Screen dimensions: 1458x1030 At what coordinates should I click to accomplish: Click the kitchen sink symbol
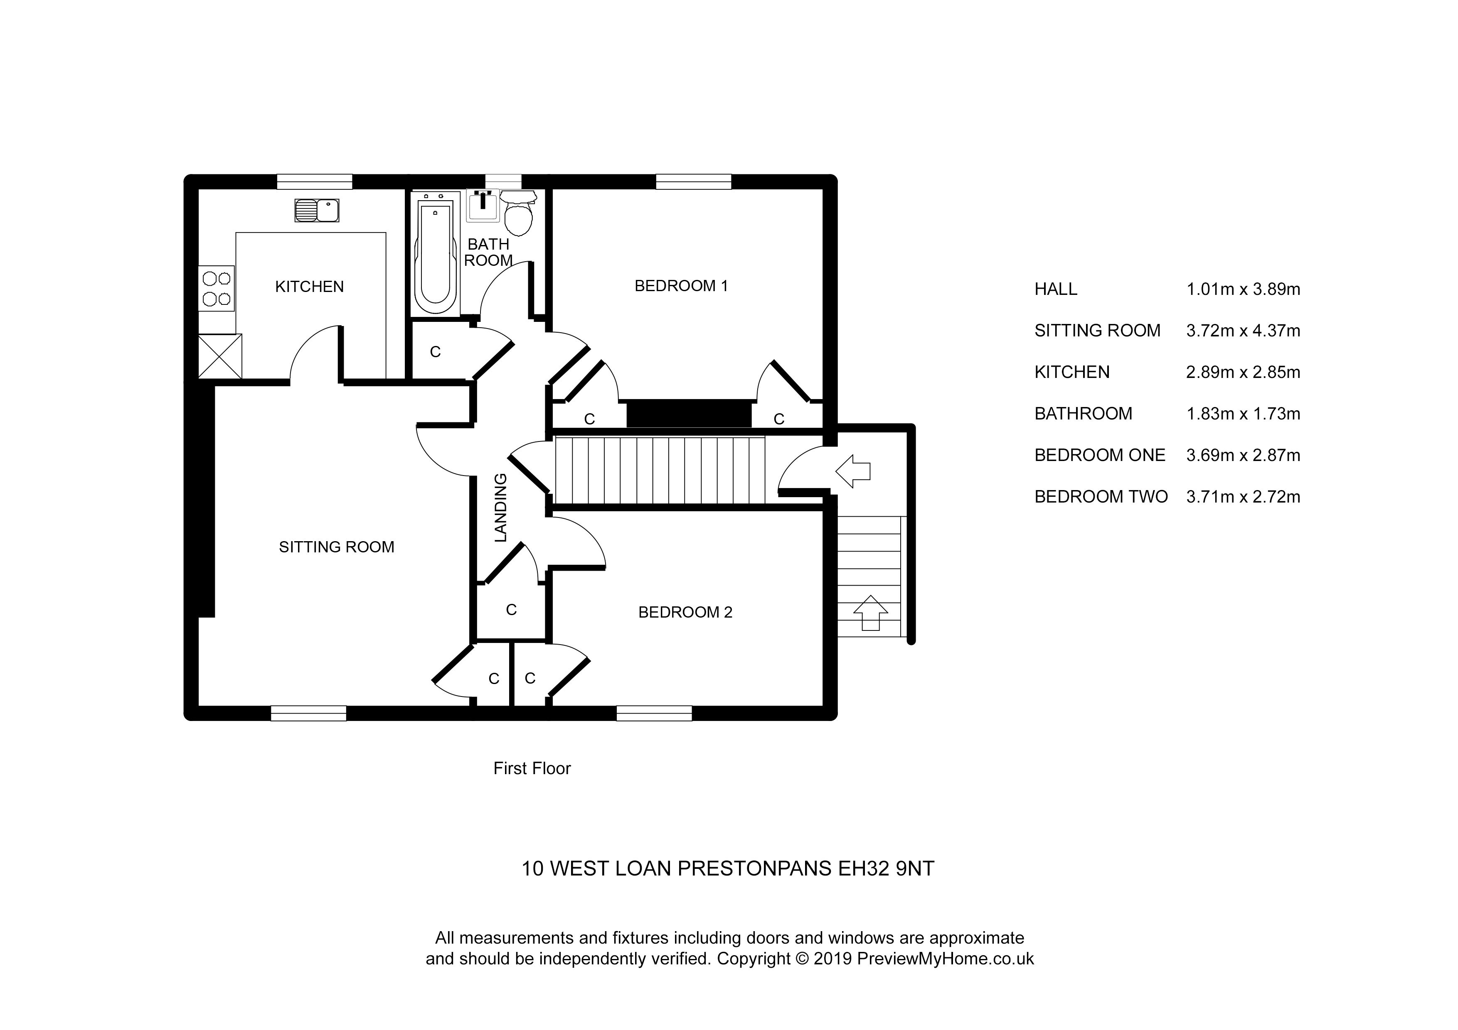[317, 210]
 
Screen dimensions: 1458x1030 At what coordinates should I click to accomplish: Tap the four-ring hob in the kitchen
[217, 288]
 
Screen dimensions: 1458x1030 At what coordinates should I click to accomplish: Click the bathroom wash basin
[483, 206]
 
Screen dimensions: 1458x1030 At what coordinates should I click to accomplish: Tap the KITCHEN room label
[309, 287]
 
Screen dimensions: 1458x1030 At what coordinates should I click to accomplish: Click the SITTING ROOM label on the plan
[337, 547]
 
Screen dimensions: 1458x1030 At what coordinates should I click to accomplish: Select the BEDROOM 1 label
[681, 286]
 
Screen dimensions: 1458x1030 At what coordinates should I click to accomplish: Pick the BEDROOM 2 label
[685, 613]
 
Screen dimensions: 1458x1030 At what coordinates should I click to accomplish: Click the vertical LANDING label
[501, 508]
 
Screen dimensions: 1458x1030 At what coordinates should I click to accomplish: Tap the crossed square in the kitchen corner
[220, 356]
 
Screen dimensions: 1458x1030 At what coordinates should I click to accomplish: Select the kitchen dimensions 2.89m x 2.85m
[1243, 373]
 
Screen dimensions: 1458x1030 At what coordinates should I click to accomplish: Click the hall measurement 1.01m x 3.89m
[1243, 289]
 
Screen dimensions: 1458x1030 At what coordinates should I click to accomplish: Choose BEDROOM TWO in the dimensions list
[1101, 497]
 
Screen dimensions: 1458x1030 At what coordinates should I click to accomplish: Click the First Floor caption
[532, 768]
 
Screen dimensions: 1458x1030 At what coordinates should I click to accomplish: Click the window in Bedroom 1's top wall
[693, 182]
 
